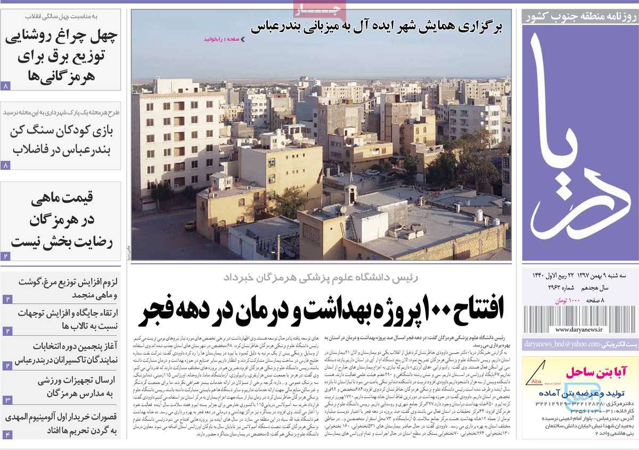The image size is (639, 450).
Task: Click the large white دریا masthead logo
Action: [x=577, y=144]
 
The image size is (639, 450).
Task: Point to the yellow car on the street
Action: [x=190, y=225]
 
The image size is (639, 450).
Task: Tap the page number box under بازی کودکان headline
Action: [x=6, y=165]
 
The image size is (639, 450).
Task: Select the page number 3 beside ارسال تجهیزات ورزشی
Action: [x=7, y=400]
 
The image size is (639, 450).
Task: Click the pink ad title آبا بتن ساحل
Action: [x=595, y=371]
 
